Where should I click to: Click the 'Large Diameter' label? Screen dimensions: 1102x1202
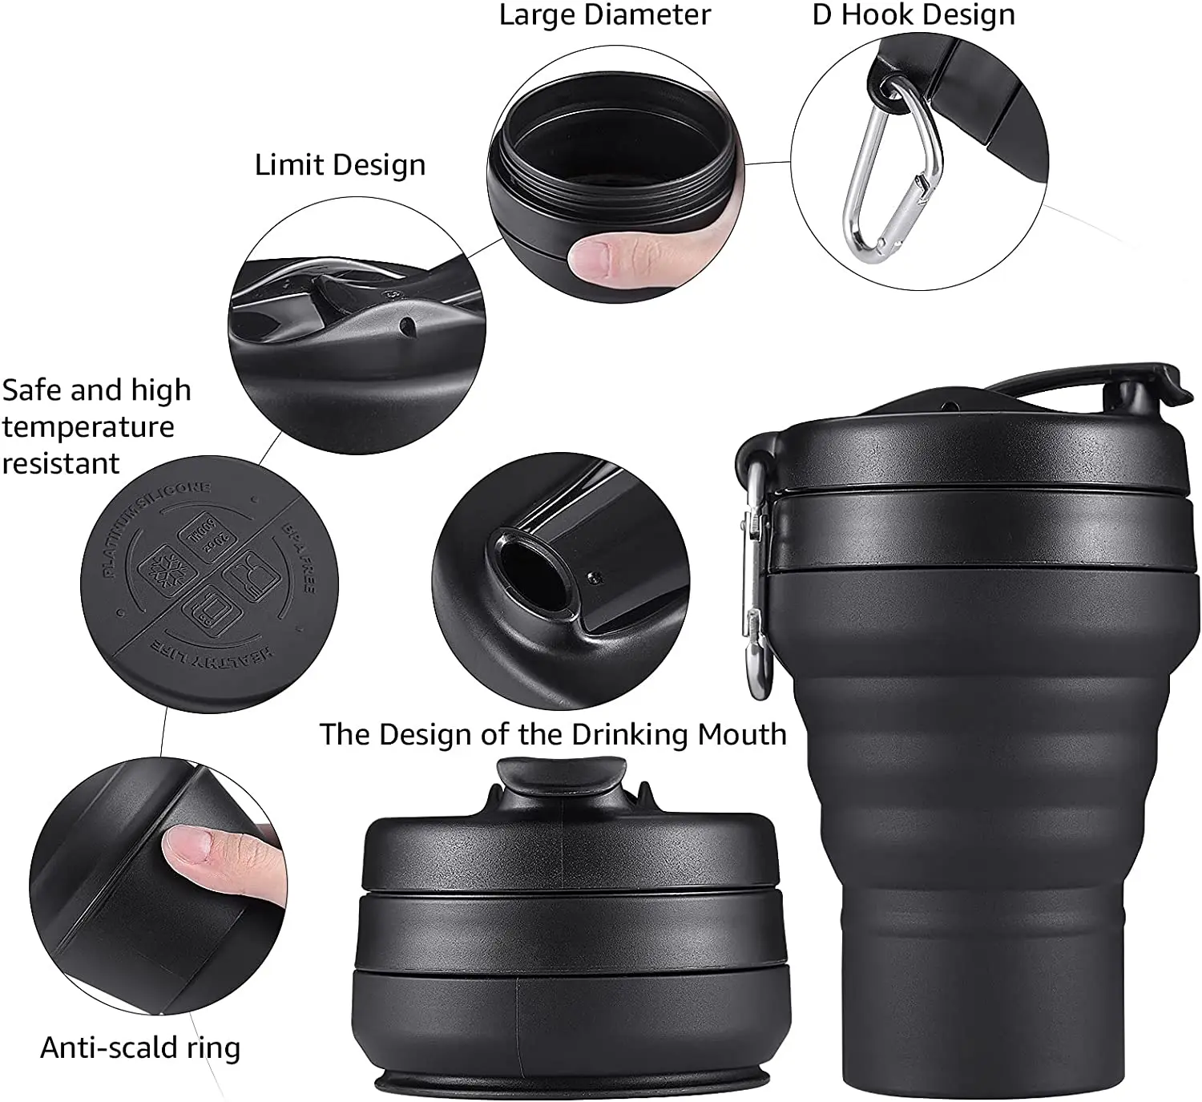[x=604, y=15]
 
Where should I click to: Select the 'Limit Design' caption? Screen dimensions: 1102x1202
[x=340, y=164]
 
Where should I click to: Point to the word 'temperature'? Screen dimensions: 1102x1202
[x=88, y=426]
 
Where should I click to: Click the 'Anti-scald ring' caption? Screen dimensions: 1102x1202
[x=140, y=1047]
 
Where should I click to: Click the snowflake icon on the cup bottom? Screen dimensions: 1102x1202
[x=167, y=568]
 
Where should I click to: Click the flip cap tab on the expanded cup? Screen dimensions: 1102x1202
[x=1142, y=381]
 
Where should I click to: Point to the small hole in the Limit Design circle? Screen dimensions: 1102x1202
[x=407, y=325]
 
